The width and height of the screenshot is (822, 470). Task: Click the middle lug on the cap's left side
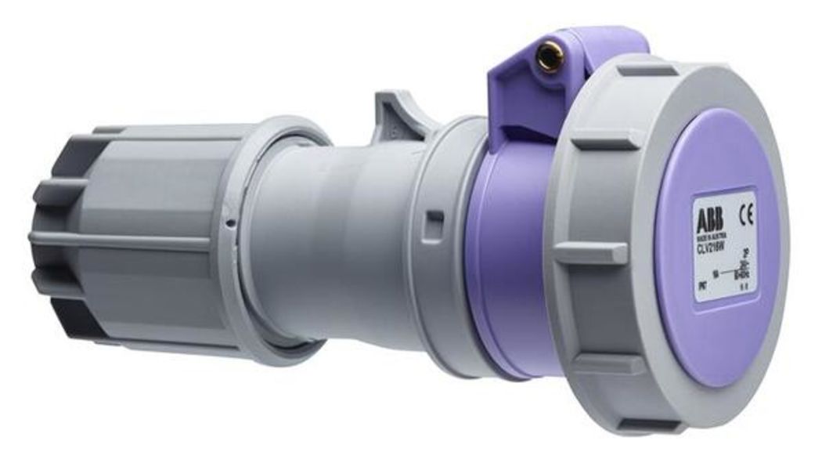coord(591,253)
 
